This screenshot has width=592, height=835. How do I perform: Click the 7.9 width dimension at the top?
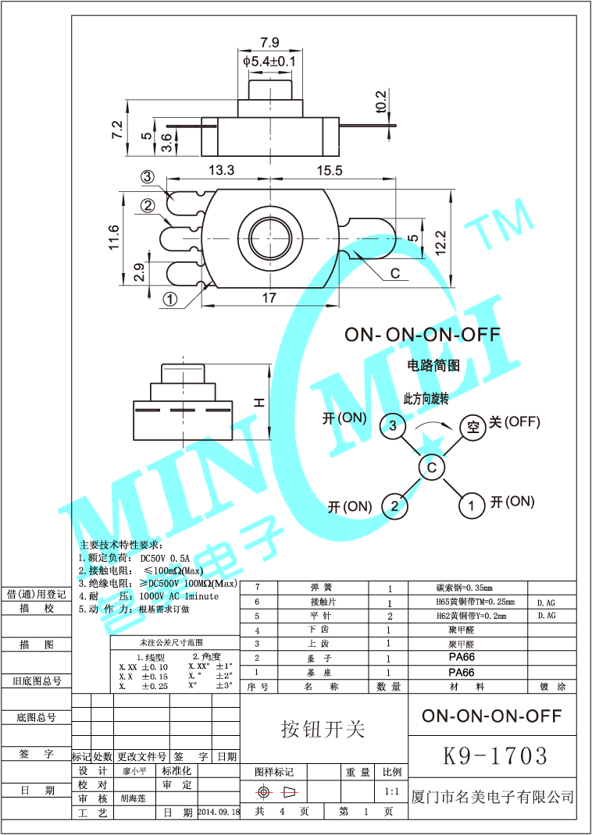(x=269, y=42)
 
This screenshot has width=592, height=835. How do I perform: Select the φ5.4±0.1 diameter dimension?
(x=269, y=60)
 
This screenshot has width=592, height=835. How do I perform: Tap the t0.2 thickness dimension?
(x=381, y=101)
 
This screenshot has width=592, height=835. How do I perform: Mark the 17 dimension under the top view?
(x=269, y=297)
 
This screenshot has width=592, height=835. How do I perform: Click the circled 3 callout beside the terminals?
(x=148, y=178)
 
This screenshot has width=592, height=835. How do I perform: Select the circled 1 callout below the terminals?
(x=170, y=299)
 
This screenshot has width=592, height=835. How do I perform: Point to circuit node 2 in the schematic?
(x=394, y=506)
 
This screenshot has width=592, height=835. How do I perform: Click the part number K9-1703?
(x=495, y=755)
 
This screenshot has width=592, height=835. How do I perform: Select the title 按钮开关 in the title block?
(x=323, y=729)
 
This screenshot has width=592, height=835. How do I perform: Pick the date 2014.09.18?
(x=219, y=812)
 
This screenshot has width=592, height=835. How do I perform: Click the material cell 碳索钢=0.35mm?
(x=464, y=588)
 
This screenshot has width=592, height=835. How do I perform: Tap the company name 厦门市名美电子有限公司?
(x=492, y=797)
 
